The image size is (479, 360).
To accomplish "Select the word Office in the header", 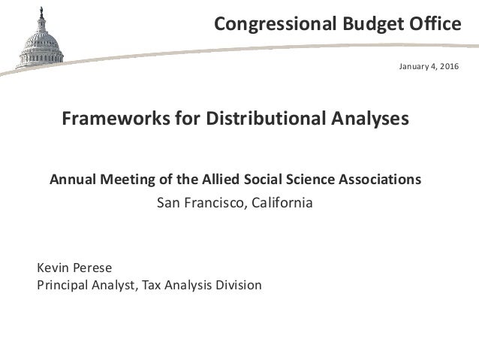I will pos(433,26).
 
